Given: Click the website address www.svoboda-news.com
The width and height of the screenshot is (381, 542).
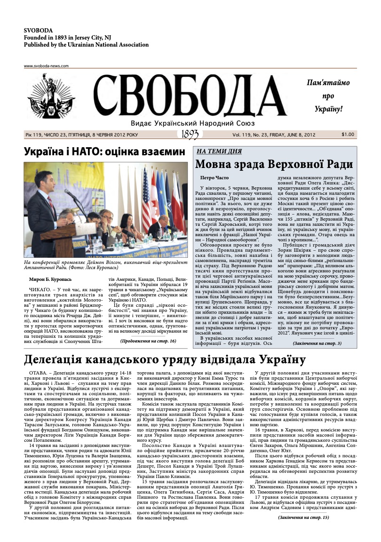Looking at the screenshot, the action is click(x=46, y=66).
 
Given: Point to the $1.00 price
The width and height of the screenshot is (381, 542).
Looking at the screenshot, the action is click(x=348, y=135).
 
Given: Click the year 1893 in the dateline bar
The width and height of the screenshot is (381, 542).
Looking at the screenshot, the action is click(x=190, y=135).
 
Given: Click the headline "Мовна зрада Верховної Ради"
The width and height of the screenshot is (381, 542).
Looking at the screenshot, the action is click(x=274, y=164).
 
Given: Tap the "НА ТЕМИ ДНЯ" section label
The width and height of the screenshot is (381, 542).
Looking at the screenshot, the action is click(x=219, y=151).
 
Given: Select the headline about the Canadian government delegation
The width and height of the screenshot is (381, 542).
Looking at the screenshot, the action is click(x=165, y=361).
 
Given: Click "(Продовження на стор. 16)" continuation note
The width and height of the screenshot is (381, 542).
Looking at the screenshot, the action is click(x=148, y=341).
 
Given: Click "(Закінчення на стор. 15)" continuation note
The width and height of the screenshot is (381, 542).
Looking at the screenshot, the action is click(x=303, y=518).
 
